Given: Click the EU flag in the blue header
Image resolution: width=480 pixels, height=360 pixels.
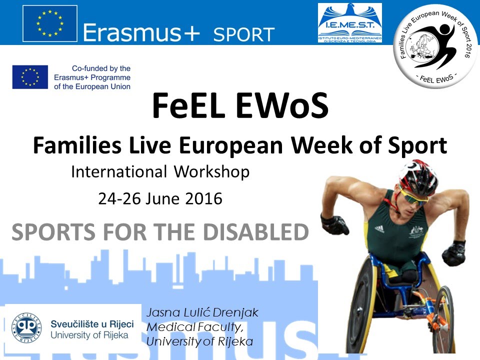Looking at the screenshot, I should pyautogui.click(x=50, y=22).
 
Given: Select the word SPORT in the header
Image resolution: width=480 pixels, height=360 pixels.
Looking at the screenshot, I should pyautogui.click(x=244, y=34).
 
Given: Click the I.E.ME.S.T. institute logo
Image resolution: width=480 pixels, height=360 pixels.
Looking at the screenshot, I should pyautogui.click(x=350, y=23).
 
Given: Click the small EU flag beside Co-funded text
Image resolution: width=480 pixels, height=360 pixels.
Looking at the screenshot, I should pyautogui.click(x=30, y=77).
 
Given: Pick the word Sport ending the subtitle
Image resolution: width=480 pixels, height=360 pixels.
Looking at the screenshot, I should pyautogui.click(x=419, y=146).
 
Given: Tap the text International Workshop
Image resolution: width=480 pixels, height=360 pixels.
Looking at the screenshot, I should pyautogui.click(x=160, y=172).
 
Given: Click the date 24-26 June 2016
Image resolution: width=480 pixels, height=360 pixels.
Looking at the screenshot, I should pyautogui.click(x=160, y=198).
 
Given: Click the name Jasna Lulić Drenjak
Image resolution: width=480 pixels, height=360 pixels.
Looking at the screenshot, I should pyautogui.click(x=202, y=313).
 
